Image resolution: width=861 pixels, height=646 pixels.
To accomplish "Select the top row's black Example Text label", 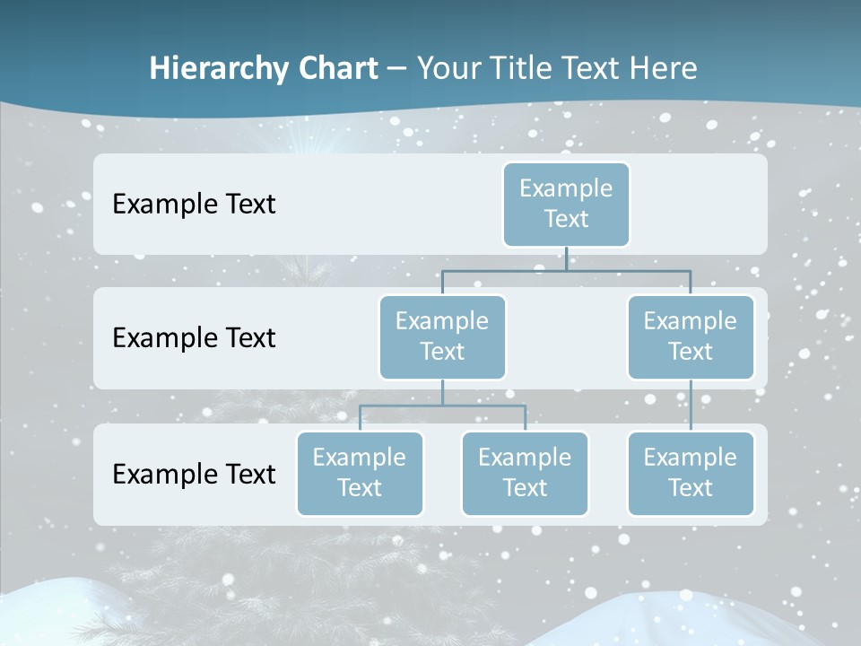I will pyautogui.click(x=194, y=205).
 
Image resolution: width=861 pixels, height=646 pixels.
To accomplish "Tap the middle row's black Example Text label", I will pyautogui.click(x=194, y=338).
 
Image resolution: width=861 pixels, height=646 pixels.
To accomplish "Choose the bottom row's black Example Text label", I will pyautogui.click(x=194, y=474).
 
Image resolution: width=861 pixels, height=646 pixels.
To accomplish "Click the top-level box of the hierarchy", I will pyautogui.click(x=566, y=204).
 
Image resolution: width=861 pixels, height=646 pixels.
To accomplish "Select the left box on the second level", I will pyautogui.click(x=442, y=336).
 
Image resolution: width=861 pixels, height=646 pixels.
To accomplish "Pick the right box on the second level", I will pyautogui.click(x=691, y=336).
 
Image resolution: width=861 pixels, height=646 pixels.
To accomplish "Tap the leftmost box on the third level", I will pyautogui.click(x=360, y=473).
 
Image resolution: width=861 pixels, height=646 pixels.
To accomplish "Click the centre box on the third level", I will pyautogui.click(x=525, y=473).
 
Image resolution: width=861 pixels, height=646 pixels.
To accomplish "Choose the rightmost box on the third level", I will pyautogui.click(x=691, y=473).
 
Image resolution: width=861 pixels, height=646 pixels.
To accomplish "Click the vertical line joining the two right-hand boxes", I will pyautogui.click(x=691, y=406).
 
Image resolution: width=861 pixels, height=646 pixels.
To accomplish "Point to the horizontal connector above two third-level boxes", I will pyautogui.click(x=442, y=406).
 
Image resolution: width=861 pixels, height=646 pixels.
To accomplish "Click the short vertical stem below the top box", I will pyautogui.click(x=566, y=258).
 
